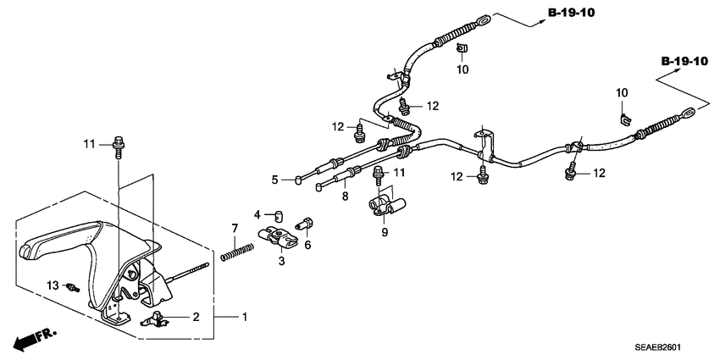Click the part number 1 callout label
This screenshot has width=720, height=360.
246,318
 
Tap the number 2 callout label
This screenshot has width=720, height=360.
196,317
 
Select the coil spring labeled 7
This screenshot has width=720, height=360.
237,252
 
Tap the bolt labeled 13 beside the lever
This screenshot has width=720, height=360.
75,287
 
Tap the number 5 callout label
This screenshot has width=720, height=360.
274,180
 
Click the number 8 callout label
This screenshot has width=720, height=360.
345,197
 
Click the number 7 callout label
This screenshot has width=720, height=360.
235,228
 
